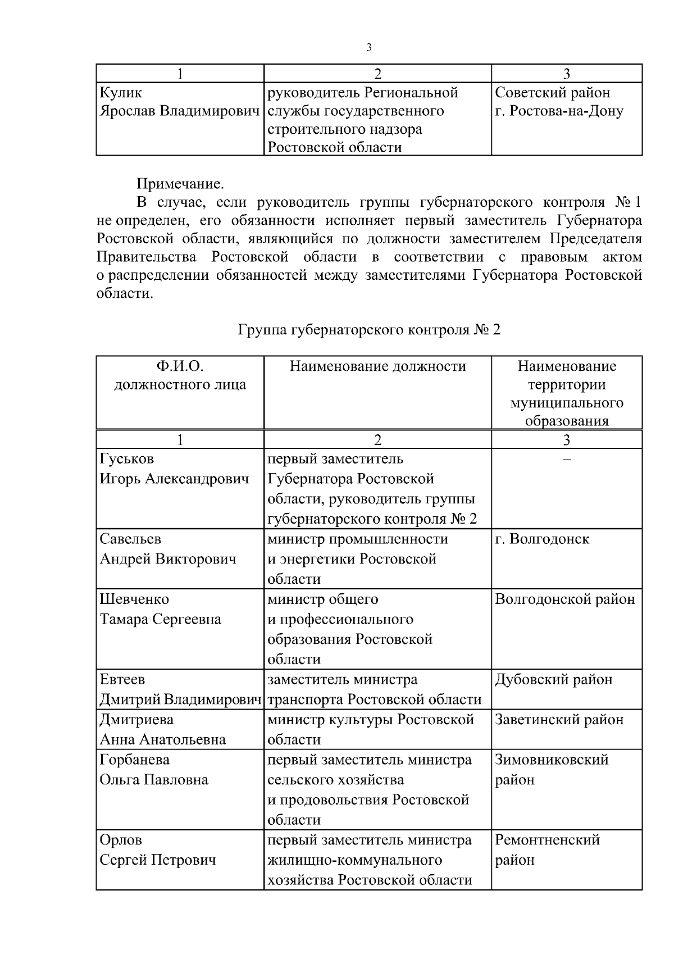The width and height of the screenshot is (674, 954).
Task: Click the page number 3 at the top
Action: [369, 48]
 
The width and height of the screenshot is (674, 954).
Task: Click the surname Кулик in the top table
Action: [121, 93]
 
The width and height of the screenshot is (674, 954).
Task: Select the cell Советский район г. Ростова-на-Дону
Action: [559, 102]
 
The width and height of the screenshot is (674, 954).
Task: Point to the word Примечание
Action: [180, 184]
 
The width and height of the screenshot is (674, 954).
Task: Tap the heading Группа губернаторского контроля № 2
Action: [369, 330]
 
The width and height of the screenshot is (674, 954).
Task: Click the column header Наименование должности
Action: [377, 367]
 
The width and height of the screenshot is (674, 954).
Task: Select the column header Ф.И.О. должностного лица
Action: [180, 376]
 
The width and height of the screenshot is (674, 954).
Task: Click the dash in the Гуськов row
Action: [567, 459]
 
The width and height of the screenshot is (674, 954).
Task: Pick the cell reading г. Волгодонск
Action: [542, 539]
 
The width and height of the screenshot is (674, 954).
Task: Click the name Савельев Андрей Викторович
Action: [167, 549]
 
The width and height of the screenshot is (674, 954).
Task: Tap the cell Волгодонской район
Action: [564, 599]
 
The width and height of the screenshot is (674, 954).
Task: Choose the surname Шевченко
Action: [134, 599]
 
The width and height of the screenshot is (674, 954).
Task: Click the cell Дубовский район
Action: [553, 679]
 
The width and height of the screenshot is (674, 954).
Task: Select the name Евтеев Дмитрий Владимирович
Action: [180, 689]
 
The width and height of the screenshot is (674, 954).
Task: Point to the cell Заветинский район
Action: [559, 720]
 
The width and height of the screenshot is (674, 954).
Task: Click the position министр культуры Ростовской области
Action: [371, 729]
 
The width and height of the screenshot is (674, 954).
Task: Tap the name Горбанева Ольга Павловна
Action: [154, 770]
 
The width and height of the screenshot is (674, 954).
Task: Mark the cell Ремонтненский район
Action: [548, 849]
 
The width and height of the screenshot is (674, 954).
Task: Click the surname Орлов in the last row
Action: [121, 840]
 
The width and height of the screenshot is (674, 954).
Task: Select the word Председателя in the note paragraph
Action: [595, 239]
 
